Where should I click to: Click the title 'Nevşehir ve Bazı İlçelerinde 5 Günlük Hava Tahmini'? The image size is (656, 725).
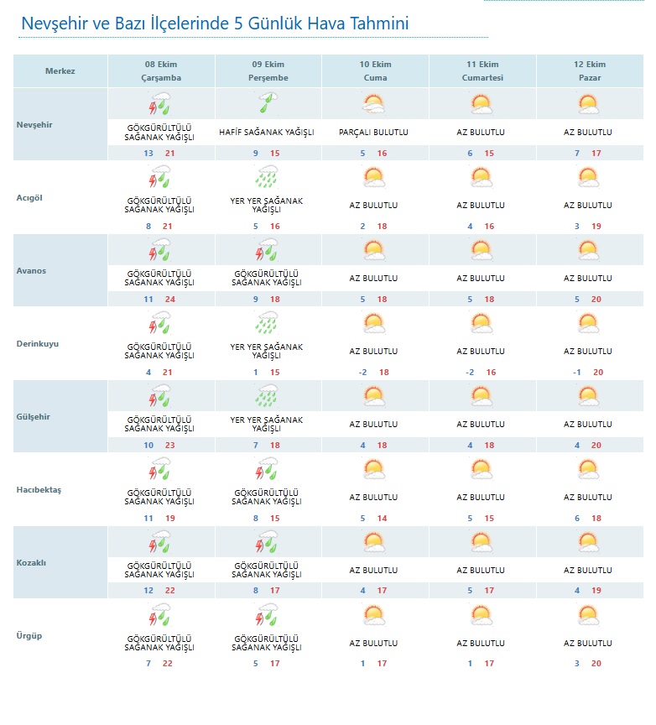point(215,23)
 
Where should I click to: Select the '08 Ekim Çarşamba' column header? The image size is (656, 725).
point(161,71)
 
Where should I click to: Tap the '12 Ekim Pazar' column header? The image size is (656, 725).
point(590,71)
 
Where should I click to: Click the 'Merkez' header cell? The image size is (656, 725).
point(60,71)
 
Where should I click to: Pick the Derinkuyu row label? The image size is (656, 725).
point(38,344)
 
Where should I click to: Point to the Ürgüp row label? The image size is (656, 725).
point(29,635)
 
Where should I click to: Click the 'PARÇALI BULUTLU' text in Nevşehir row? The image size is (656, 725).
point(374,133)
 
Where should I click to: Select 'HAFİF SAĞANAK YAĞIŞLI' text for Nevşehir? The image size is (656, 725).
point(267,133)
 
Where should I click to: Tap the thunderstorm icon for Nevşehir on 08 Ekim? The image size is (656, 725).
point(160,105)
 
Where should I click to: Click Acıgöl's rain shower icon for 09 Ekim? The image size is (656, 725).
point(267,178)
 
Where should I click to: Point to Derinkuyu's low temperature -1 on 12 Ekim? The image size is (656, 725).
point(576,373)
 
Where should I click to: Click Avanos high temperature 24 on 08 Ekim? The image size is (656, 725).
point(170,300)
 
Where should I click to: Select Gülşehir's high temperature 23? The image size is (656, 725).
point(170,446)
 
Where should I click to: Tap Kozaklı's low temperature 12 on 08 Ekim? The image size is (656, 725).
point(148,591)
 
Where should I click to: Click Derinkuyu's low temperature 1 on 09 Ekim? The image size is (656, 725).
point(256,373)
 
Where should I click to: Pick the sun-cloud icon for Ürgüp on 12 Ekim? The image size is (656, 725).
point(588,615)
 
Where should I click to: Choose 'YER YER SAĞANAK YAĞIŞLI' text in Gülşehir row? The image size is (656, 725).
point(267,425)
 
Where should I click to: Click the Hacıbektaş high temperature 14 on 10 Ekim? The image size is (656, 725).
point(383,519)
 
